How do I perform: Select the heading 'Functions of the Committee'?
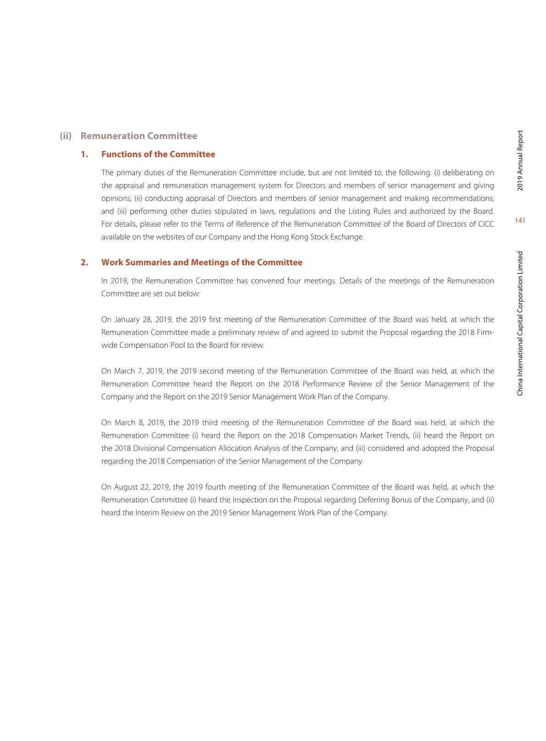click(x=158, y=154)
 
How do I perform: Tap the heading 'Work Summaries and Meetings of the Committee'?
click(x=201, y=262)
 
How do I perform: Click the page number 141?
click(x=520, y=221)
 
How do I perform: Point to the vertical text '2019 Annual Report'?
click(x=520, y=160)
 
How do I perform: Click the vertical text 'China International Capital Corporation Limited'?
click(x=520, y=323)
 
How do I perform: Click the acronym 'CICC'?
click(x=485, y=224)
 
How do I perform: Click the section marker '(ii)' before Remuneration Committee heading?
click(x=66, y=136)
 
